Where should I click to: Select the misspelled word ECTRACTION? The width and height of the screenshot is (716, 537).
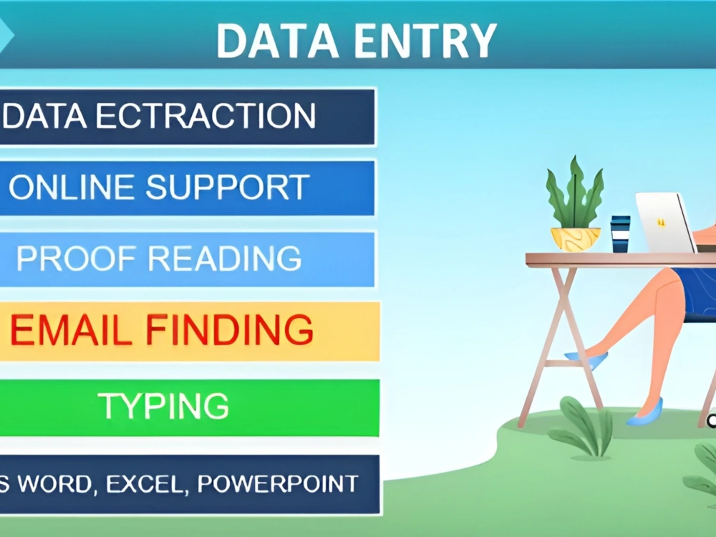point(206,117)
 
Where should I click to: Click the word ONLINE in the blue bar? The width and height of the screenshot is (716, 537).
point(72,188)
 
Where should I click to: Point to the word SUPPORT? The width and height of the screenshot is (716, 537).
point(228,188)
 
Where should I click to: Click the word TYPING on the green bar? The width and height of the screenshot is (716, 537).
point(164,406)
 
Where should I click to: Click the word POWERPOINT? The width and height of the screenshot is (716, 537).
point(278,484)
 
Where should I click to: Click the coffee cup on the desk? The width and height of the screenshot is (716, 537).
point(620,233)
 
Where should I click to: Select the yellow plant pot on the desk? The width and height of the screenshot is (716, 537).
point(575,238)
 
